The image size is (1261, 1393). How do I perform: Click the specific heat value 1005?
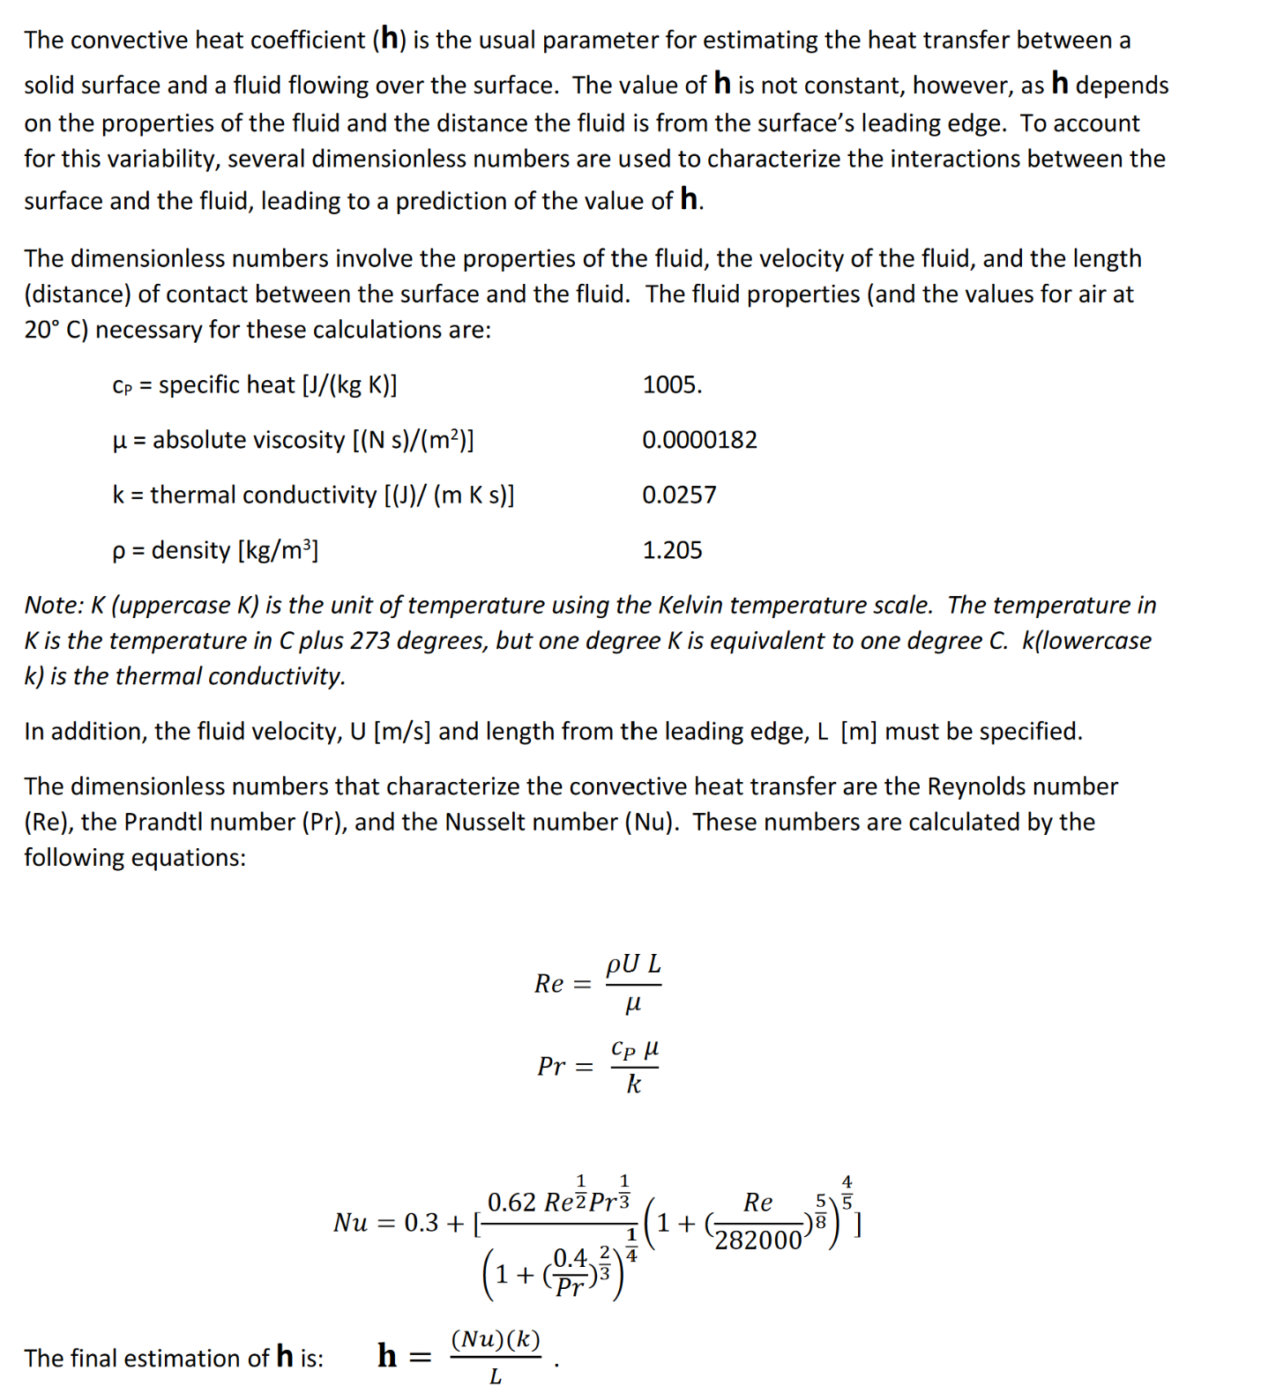[x=672, y=385]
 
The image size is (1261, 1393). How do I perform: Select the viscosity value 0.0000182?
[x=699, y=440]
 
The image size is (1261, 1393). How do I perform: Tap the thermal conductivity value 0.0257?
[x=679, y=495]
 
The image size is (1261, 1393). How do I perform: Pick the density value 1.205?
[x=672, y=550]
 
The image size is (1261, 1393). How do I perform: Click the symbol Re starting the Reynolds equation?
[x=548, y=984]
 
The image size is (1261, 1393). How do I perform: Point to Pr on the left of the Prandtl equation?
[x=551, y=1067]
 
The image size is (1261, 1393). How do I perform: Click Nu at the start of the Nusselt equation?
[x=350, y=1223]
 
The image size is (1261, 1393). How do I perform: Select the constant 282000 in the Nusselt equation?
[x=758, y=1240]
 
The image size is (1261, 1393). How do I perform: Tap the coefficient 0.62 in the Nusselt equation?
[x=511, y=1203]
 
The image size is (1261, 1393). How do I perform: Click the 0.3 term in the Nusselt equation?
[x=422, y=1223]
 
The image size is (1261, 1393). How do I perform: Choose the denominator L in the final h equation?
[x=496, y=1376]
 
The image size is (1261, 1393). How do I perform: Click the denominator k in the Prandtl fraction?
[x=633, y=1084]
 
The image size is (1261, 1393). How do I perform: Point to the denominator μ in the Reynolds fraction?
[x=633, y=1004]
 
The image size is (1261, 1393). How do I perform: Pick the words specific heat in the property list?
[x=227, y=385]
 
